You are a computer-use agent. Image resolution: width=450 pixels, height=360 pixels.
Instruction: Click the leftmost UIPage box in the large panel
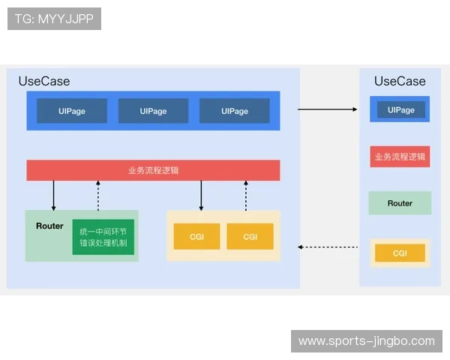(71, 111)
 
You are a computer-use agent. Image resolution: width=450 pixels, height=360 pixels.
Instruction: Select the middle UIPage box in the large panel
(153, 111)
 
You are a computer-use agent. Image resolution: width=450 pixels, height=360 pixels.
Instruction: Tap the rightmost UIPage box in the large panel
(234, 111)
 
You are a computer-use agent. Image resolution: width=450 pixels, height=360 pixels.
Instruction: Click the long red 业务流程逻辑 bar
(153, 170)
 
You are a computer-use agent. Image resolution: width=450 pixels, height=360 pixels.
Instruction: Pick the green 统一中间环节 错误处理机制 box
(103, 237)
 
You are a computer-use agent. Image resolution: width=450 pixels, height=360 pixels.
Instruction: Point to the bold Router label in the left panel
(49, 226)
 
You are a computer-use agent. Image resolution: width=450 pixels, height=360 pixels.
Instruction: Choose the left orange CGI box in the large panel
(196, 236)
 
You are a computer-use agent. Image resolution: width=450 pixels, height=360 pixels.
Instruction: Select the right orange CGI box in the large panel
(250, 236)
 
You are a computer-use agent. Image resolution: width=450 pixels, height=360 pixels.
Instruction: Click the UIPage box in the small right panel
(400, 110)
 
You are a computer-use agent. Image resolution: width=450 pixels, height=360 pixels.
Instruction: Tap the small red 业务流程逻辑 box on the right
(400, 157)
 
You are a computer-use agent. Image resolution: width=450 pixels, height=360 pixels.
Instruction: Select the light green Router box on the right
(400, 203)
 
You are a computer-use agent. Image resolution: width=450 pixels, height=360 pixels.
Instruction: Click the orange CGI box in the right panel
(400, 253)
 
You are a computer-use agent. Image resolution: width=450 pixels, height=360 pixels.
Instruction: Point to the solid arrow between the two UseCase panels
(327, 109)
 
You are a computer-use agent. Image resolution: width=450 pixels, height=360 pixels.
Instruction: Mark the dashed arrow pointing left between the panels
(327, 247)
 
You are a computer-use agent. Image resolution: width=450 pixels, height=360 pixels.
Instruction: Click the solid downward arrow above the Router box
(54, 195)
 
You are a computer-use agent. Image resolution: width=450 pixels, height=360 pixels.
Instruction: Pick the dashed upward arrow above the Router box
(98, 195)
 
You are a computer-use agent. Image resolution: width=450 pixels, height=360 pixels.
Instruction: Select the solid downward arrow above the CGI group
(201, 195)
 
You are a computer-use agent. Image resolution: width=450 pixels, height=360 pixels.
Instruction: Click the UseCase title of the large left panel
(44, 81)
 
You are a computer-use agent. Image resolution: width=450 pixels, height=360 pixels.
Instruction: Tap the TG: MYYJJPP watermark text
(54, 19)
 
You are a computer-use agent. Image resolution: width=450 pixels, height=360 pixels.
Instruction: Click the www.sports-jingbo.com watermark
(366, 341)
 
